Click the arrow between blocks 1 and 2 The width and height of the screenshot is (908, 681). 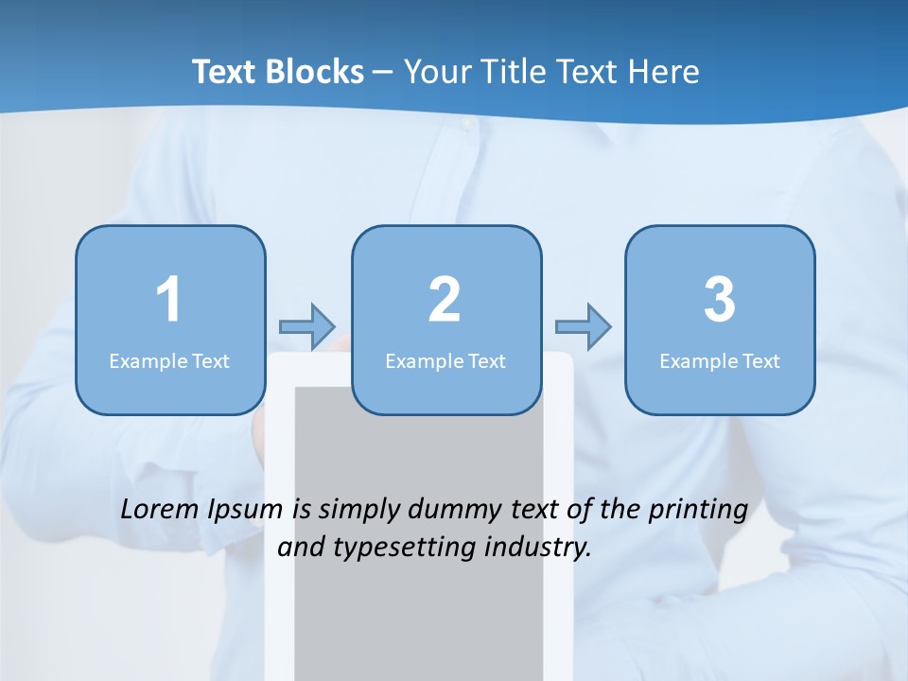(x=307, y=326)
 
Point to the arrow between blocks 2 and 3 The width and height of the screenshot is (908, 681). (x=584, y=326)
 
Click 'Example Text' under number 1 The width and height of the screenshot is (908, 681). (x=169, y=360)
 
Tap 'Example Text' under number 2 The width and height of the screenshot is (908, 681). (x=445, y=360)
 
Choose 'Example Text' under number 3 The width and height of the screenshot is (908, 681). (x=720, y=360)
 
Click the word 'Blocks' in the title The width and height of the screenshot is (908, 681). (x=316, y=72)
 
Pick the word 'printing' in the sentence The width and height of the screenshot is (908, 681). (x=698, y=511)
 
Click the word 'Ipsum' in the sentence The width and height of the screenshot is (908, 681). (x=245, y=511)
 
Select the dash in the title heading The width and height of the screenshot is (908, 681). (x=383, y=73)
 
